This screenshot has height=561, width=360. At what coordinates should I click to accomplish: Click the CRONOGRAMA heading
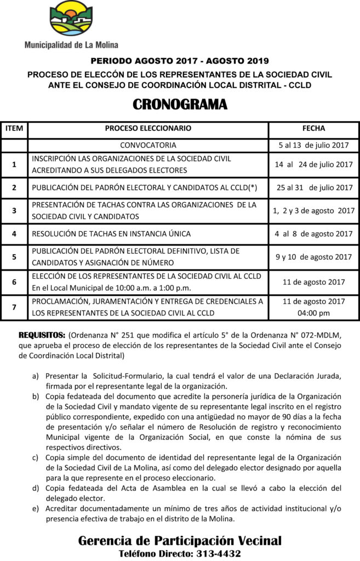pyautogui.click(x=180, y=104)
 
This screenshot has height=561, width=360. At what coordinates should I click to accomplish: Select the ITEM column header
pyautogui.click(x=14, y=128)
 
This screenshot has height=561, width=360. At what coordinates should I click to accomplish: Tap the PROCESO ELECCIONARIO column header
pyautogui.click(x=148, y=128)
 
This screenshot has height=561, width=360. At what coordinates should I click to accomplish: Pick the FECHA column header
pyautogui.click(x=313, y=128)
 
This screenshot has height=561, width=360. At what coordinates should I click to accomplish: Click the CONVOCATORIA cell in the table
pyautogui.click(x=148, y=145)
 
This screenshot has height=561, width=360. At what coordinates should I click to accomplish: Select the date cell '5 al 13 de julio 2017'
pyautogui.click(x=313, y=145)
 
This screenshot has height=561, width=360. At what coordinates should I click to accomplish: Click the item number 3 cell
pyautogui.click(x=14, y=210)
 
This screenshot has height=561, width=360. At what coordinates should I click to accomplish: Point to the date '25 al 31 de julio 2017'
pyautogui.click(x=314, y=187)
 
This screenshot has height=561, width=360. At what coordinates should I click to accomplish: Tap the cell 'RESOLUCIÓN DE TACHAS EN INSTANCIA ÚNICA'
pyautogui.click(x=111, y=234)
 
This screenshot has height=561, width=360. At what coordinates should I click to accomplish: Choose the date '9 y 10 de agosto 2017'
pyautogui.click(x=313, y=256)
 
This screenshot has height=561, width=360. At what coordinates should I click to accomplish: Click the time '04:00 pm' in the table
pyautogui.click(x=313, y=313)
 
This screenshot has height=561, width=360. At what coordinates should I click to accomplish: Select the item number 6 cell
pyautogui.click(x=14, y=282)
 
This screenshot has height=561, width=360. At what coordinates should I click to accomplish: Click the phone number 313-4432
pyautogui.click(x=218, y=553)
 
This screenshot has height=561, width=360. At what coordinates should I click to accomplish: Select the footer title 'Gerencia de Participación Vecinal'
pyautogui.click(x=180, y=541)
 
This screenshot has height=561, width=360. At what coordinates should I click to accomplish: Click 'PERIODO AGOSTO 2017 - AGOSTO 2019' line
pyautogui.click(x=180, y=61)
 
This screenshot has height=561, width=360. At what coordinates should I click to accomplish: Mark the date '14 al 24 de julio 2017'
pyautogui.click(x=313, y=164)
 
